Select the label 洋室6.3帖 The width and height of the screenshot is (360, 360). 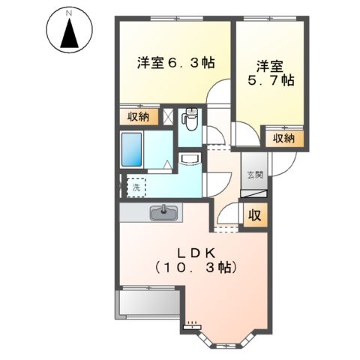(x=175, y=64)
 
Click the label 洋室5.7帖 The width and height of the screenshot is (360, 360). (x=271, y=73)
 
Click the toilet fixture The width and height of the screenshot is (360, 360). (x=191, y=118)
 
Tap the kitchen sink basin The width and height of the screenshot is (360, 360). (x=163, y=213)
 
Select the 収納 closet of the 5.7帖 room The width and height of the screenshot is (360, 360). (x=283, y=138)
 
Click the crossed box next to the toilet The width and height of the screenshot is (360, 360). (x=169, y=116)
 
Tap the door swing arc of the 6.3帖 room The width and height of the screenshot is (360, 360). (x=218, y=93)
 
